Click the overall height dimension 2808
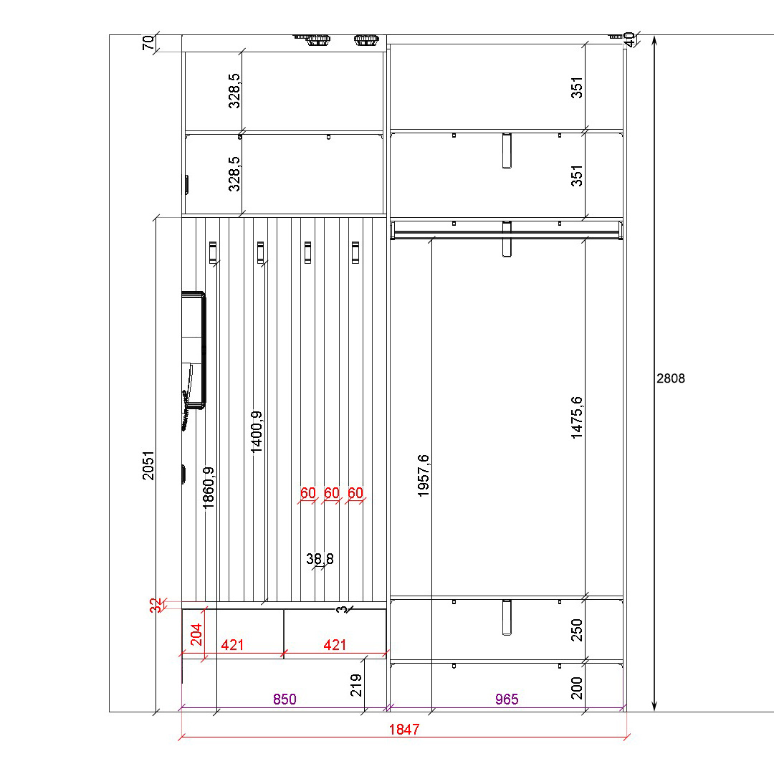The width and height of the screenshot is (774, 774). point(670,378)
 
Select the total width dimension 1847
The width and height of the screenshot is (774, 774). point(403,730)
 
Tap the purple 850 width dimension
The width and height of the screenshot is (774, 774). point(285,699)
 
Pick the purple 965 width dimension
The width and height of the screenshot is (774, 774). point(507,699)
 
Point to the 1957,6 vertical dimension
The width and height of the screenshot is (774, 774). point(424,475)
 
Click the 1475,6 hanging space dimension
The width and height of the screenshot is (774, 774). point(576,418)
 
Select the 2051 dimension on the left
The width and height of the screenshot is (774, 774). point(148,465)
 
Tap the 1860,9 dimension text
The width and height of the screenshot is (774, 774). point(209,488)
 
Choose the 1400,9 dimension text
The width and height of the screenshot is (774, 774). point(257,432)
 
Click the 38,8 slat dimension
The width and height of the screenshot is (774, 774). point(320,559)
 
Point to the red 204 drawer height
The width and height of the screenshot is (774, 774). point(196,634)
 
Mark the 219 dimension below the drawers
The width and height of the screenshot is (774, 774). point(356,685)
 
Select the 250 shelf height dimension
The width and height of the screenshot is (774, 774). point(576,630)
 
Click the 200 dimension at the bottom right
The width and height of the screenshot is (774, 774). point(576,687)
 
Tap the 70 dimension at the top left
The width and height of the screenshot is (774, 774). point(148,43)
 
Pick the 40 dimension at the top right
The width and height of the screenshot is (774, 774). point(629,39)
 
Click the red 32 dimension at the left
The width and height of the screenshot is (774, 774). point(156,605)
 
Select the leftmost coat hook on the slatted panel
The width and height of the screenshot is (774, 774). point(213,252)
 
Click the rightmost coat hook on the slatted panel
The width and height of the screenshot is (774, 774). point(355,252)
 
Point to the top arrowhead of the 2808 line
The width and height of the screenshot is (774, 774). point(654,37)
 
